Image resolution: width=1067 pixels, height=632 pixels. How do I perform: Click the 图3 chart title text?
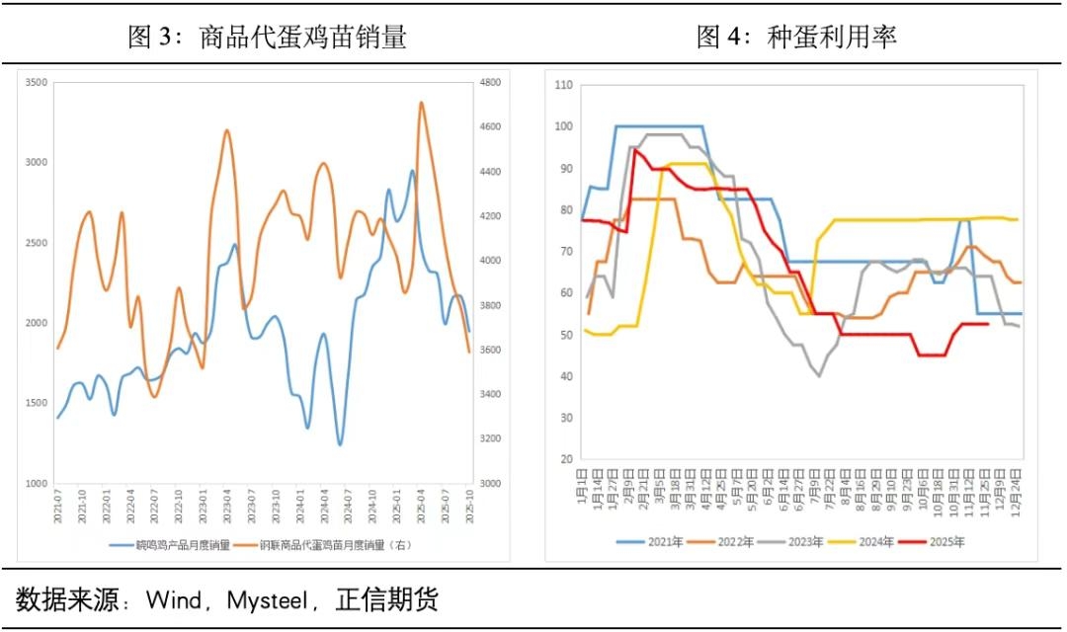pos(268,38)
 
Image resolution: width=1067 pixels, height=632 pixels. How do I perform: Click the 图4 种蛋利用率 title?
pos(796,38)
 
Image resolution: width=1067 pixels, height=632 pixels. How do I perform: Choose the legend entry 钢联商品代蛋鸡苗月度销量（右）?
pos(339,544)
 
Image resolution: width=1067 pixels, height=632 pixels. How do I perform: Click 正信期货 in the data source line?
pos(386,599)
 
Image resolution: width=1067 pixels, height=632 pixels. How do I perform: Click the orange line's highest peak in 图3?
pos(422,102)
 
